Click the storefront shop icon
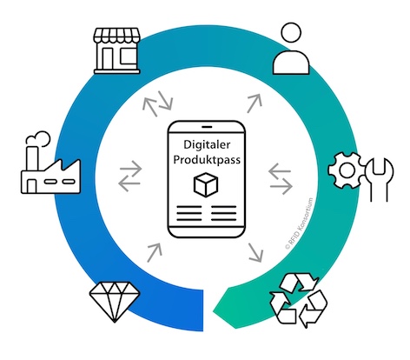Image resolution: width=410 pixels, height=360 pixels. [x=116, y=50]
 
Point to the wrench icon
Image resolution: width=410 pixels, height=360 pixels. [x=379, y=180]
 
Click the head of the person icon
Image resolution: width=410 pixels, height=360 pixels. [x=291, y=33]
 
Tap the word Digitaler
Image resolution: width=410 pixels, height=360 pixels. [x=207, y=144]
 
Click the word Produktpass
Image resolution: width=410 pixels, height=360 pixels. [x=207, y=160]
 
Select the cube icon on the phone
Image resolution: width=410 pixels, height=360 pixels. [x=206, y=184]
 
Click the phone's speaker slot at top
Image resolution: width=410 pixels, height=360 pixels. [x=207, y=127]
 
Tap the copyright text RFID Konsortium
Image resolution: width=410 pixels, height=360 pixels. [x=300, y=223]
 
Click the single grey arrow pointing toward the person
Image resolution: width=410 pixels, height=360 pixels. [x=255, y=103]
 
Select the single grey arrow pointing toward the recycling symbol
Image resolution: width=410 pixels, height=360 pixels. [x=255, y=253]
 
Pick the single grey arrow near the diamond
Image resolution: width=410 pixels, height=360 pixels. [x=155, y=252]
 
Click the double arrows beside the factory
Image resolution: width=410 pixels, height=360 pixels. [x=130, y=176]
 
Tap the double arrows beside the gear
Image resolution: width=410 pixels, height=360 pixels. [x=281, y=178]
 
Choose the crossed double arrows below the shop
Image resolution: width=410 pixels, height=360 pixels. [x=158, y=103]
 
